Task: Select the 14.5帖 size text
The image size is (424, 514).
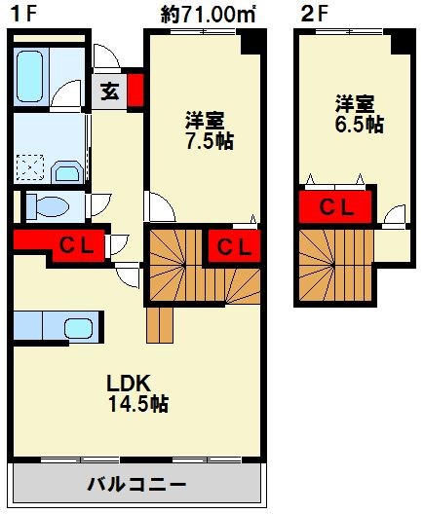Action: point(138,403)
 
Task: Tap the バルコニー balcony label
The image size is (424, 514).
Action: point(136,484)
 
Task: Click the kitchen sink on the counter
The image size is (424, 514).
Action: point(77,328)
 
